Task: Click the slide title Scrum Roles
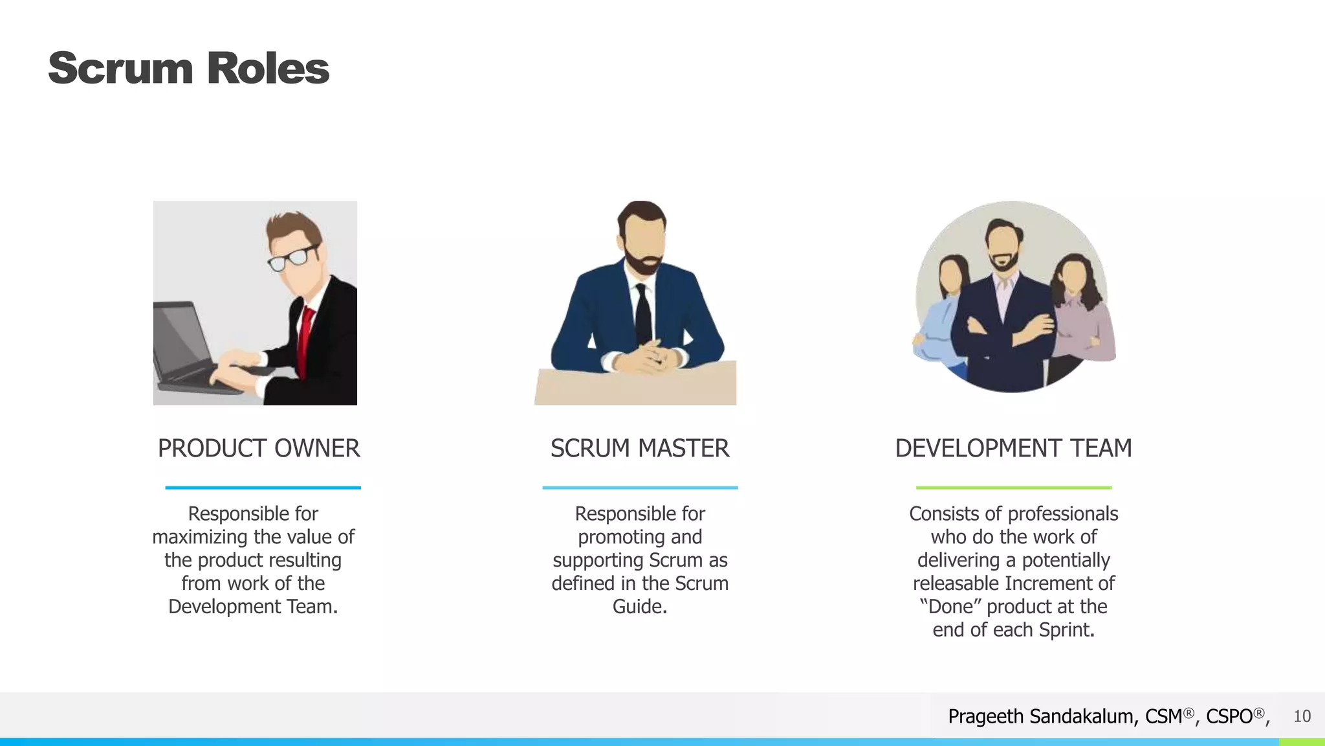point(188,69)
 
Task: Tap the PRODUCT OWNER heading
point(259,448)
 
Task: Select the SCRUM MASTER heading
point(639,448)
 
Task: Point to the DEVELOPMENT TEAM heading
point(1013,448)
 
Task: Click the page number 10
point(1302,716)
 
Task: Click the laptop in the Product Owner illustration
point(188,350)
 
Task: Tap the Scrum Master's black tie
point(643,314)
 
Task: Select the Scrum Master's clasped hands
point(647,357)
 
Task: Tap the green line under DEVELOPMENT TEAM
point(1013,488)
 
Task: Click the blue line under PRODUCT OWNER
point(263,488)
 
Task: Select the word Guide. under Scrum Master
point(639,607)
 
